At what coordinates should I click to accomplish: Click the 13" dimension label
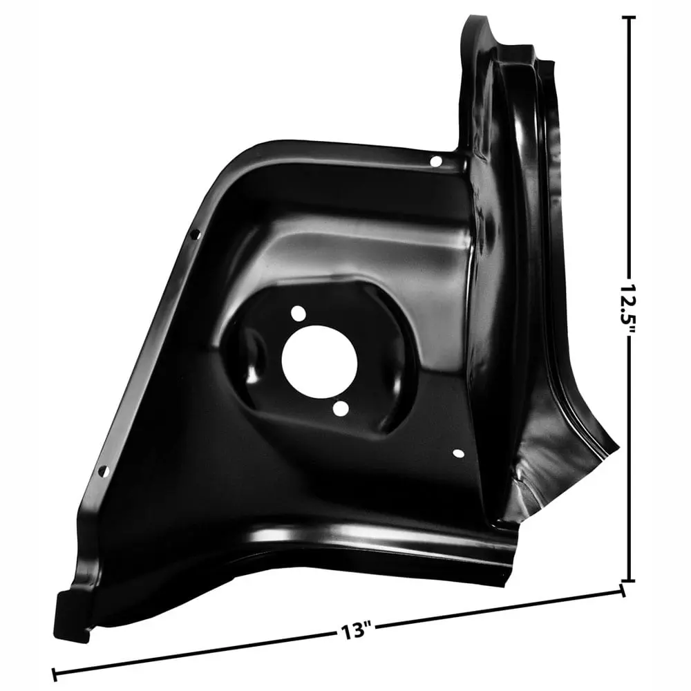point(356,631)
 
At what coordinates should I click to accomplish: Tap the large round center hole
point(319,362)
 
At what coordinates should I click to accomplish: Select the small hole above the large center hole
point(299,314)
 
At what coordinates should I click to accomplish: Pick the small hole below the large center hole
point(341,408)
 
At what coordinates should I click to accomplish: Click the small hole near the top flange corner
point(435,161)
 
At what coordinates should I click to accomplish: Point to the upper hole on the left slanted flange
point(195,235)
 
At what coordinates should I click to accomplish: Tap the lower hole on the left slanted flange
point(104,471)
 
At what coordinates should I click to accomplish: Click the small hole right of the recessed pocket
point(458,453)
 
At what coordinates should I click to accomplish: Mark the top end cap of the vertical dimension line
point(628,18)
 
